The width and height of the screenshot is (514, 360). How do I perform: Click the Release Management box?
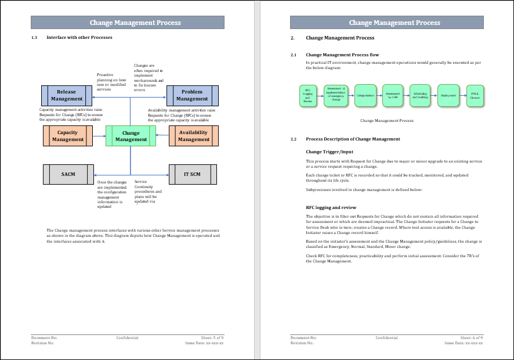[x=67, y=95]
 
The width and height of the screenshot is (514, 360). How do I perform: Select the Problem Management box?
[x=192, y=95]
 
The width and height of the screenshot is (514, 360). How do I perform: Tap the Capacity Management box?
[x=68, y=136]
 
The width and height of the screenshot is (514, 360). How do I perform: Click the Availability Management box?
[x=193, y=136]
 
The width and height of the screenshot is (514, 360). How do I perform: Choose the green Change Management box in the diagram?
[x=131, y=136]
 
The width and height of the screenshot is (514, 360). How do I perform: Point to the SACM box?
[x=68, y=174]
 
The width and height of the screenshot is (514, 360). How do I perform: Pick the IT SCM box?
[x=192, y=174]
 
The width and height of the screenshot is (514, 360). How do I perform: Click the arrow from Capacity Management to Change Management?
[x=99, y=136]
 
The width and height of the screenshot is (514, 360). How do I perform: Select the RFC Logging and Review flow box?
[x=307, y=96]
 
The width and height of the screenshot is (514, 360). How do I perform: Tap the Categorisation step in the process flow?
[x=365, y=95]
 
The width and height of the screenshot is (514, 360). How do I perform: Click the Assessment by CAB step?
[x=393, y=95]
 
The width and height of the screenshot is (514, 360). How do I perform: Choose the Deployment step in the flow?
[x=448, y=95]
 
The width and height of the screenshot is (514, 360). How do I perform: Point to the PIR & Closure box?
[x=475, y=95]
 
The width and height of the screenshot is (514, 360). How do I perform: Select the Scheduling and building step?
[x=420, y=95]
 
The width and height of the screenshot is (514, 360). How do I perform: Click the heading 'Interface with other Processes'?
[x=79, y=38]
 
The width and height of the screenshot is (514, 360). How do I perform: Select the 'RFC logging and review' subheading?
[x=331, y=207]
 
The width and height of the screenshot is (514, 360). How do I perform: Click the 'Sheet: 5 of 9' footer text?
[x=212, y=337]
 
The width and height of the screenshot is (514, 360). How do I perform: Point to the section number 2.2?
[x=293, y=139]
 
